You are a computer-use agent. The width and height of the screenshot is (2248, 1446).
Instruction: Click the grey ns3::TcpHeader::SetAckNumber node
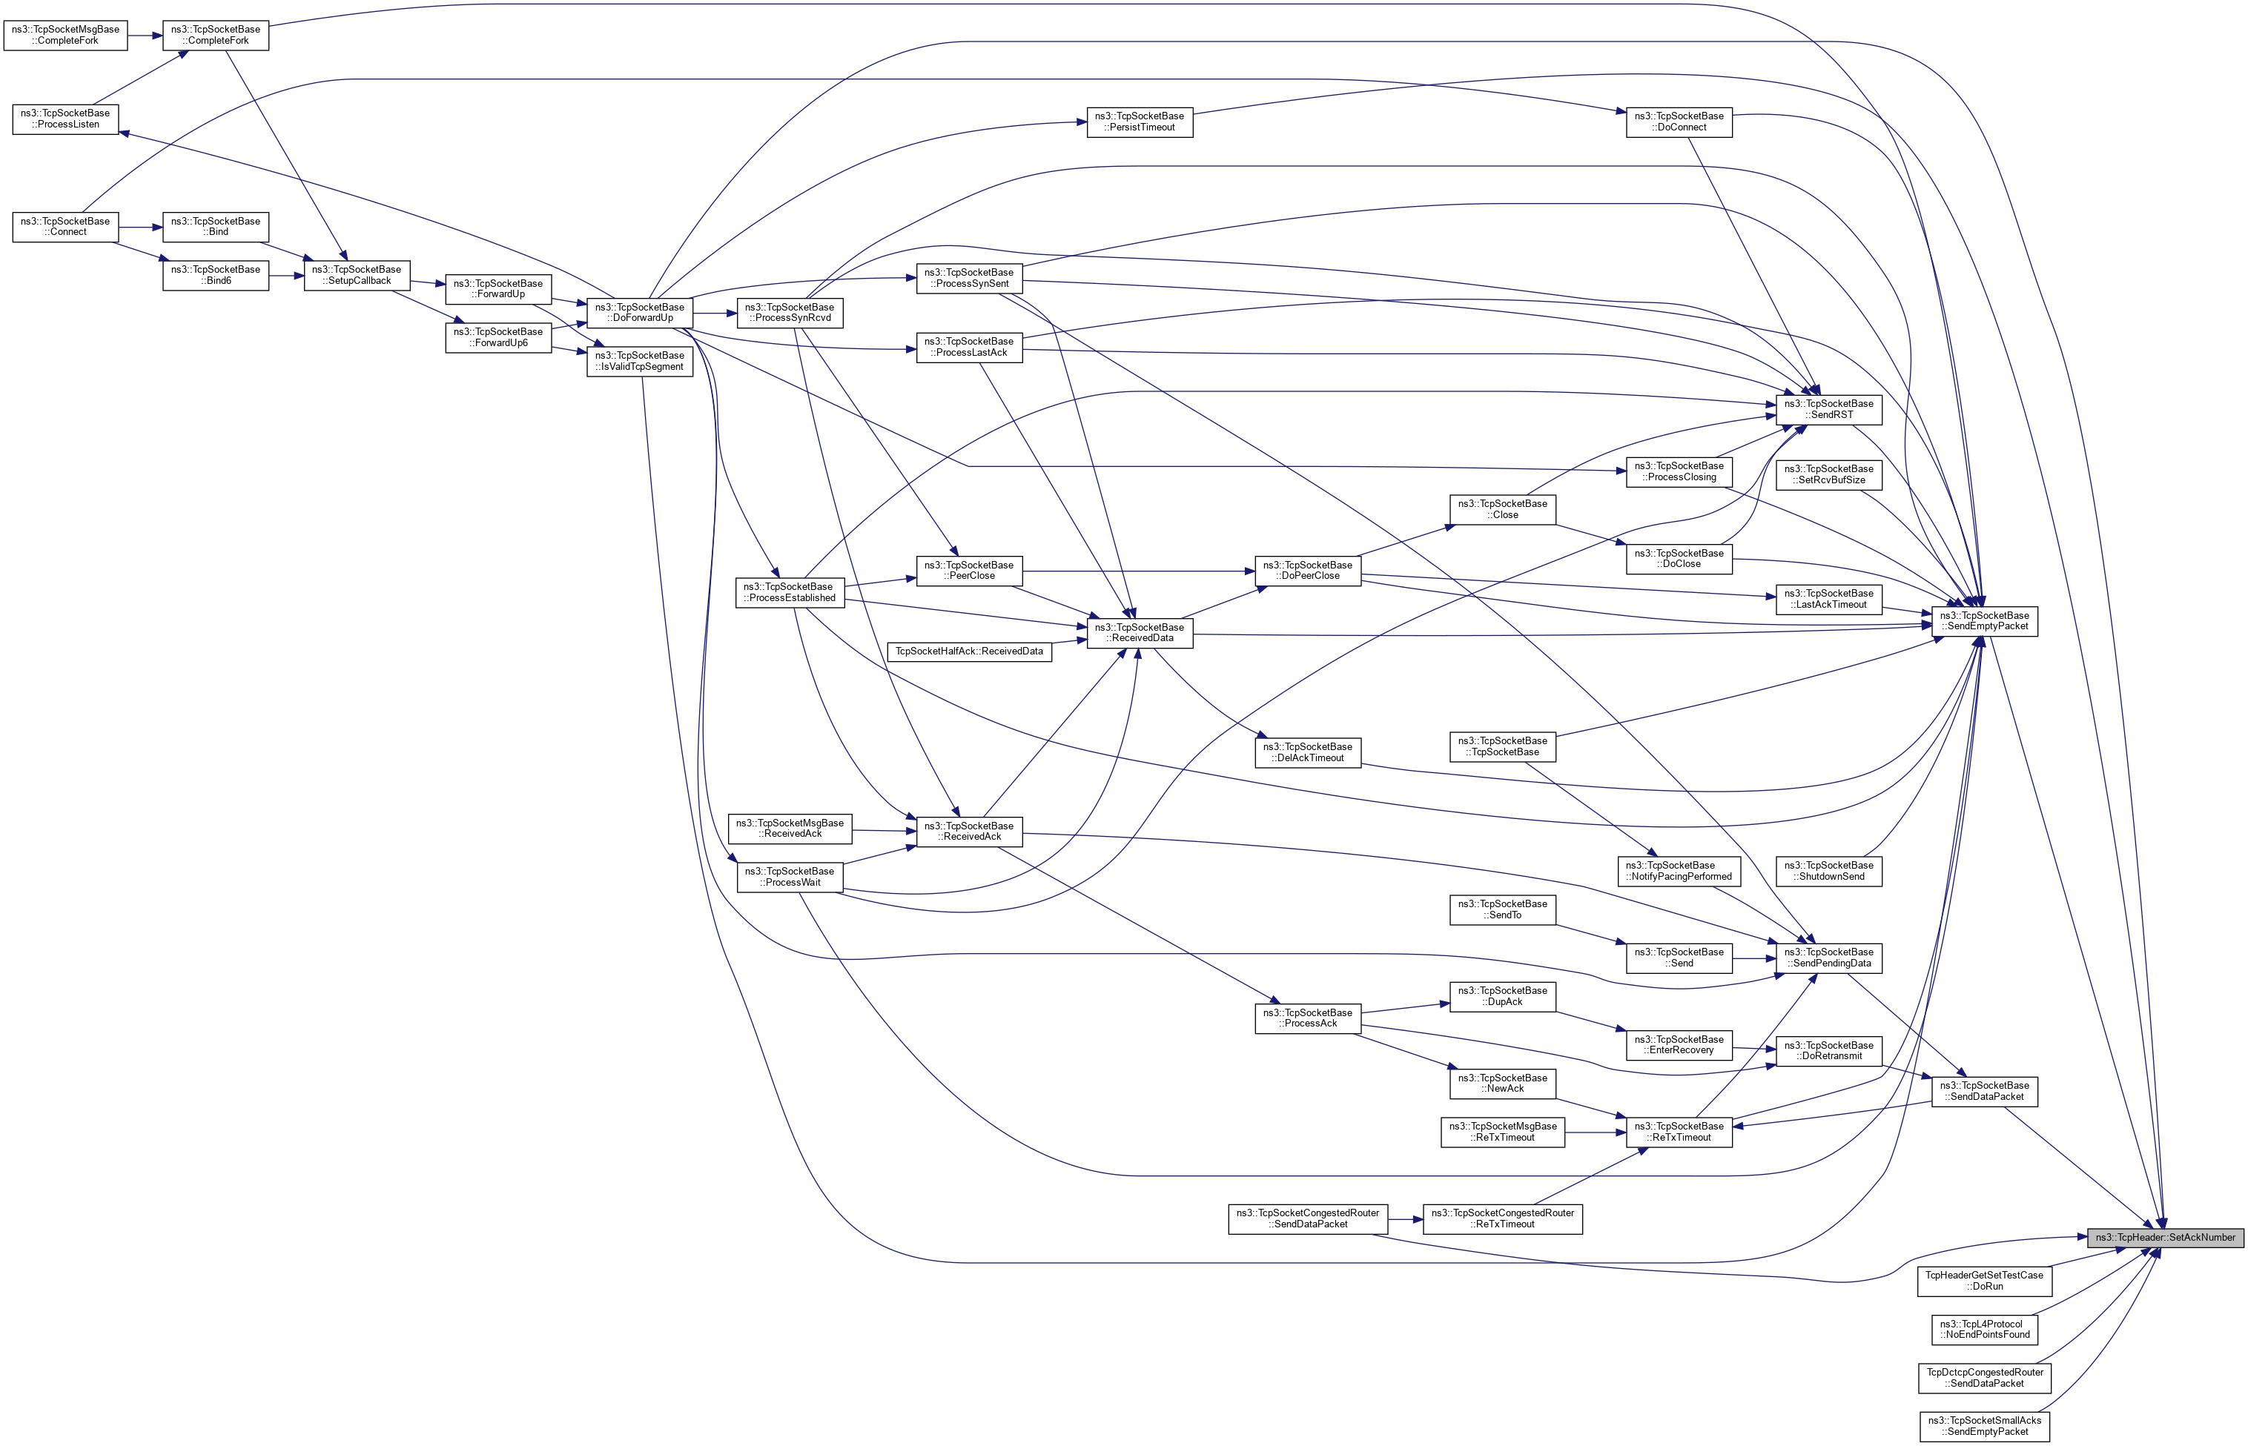click(2164, 1238)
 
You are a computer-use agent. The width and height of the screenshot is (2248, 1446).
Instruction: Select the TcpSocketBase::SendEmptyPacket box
click(1984, 620)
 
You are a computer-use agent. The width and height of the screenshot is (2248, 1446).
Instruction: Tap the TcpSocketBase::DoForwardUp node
click(639, 313)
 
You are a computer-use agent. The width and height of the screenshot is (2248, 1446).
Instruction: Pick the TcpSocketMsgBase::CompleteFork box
click(66, 36)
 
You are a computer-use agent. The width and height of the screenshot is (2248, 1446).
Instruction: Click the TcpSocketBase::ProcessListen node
click(66, 119)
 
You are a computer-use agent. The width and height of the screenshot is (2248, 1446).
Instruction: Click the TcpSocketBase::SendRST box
click(1828, 409)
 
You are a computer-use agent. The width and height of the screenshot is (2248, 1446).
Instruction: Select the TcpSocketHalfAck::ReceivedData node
click(969, 651)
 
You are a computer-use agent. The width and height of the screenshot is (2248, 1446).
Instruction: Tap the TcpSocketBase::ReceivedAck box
click(969, 831)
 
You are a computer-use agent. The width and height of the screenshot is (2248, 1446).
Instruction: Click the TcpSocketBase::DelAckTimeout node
click(1307, 752)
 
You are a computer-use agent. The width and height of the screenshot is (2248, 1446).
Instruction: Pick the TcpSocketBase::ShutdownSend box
click(1828, 870)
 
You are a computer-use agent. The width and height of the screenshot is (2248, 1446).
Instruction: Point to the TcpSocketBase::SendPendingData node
click(1828, 958)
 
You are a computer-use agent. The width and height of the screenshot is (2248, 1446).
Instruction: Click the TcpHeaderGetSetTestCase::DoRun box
click(1984, 1281)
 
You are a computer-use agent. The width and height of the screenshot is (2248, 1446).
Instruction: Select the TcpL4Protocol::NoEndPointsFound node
click(1984, 1330)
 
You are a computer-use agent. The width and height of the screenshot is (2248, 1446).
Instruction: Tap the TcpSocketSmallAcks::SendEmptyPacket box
click(1984, 1426)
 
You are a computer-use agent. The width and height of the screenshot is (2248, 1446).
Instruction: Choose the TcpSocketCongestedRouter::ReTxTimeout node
click(1502, 1218)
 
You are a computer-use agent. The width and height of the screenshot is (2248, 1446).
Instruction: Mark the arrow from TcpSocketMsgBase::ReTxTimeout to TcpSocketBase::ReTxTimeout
click(1596, 1132)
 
